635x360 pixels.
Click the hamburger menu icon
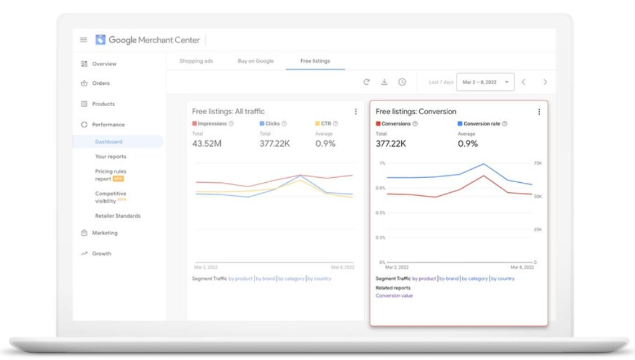pyautogui.click(x=84, y=40)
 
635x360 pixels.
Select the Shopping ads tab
pyautogui.click(x=196, y=61)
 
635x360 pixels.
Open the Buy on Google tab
pyautogui.click(x=256, y=61)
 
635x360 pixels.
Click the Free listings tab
pyautogui.click(x=315, y=61)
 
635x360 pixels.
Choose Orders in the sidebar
pyautogui.click(x=100, y=83)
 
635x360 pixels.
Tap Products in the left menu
pyautogui.click(x=103, y=104)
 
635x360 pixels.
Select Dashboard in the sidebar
pyautogui.click(x=109, y=142)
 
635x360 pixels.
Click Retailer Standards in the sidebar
pyautogui.click(x=118, y=216)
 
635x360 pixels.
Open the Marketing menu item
pyautogui.click(x=104, y=233)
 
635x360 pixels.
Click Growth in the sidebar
pyautogui.click(x=102, y=253)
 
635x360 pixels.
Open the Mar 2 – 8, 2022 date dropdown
pyautogui.click(x=485, y=82)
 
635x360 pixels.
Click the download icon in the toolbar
pyautogui.click(x=384, y=82)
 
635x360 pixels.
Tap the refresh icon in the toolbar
pyautogui.click(x=367, y=82)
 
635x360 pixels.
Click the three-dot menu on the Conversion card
pyautogui.click(x=539, y=112)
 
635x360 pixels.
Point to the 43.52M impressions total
pyautogui.click(x=206, y=144)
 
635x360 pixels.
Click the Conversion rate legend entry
pyautogui.click(x=482, y=124)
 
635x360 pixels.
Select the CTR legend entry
pyautogui.click(x=326, y=124)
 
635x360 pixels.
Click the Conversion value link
pyautogui.click(x=394, y=296)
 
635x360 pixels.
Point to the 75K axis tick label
pyautogui.click(x=538, y=163)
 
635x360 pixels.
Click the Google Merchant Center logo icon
pyautogui.click(x=100, y=40)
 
